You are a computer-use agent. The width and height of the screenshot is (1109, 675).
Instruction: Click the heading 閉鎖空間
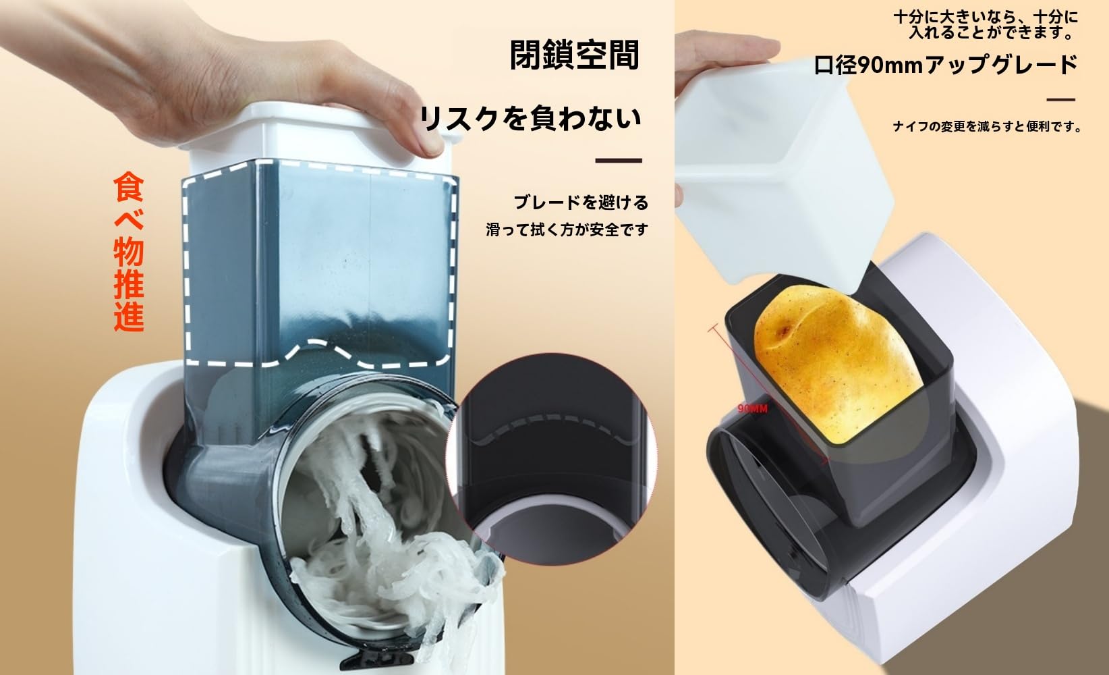[x=574, y=55]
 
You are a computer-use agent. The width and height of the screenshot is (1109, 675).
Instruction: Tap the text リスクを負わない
[x=530, y=119]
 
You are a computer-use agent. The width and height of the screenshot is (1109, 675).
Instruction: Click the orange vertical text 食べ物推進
[x=129, y=251]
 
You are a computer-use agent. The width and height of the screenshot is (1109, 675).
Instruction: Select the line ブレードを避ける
[x=580, y=202]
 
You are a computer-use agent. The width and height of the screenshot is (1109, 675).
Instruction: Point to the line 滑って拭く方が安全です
[x=567, y=230]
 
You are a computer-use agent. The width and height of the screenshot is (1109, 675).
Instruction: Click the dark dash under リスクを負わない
[x=618, y=161]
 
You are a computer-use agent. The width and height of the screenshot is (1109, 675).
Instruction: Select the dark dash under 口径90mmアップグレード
[x=1060, y=100]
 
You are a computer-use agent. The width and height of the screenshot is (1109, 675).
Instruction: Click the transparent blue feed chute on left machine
[x=317, y=270]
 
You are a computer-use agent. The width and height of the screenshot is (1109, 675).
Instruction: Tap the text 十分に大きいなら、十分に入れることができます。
[x=985, y=24]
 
